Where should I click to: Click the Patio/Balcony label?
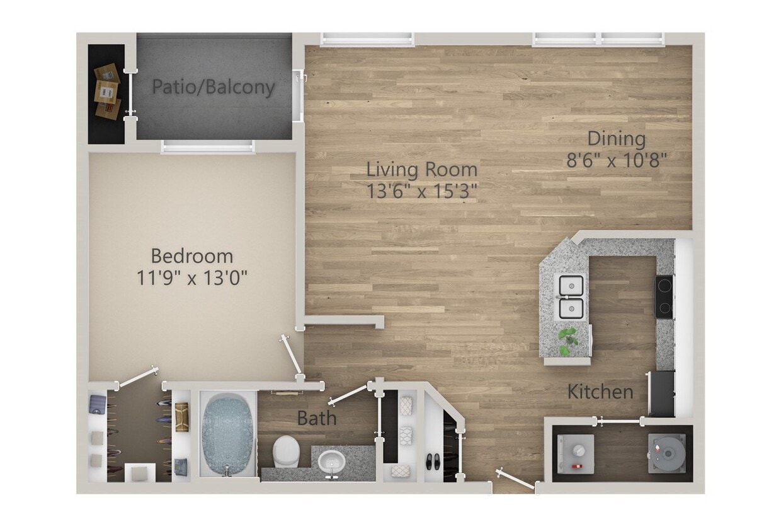coord(214,87)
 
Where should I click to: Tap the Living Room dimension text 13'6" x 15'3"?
coord(422,190)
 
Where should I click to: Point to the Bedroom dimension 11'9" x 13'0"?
coord(191,277)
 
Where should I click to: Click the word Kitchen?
coord(600,392)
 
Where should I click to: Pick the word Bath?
coord(317,418)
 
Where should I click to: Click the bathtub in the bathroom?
coord(228,434)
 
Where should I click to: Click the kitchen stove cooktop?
coord(664,296)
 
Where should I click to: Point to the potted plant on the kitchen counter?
coord(568,340)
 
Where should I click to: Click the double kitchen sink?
coord(571,297)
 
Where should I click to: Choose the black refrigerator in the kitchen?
coord(661,394)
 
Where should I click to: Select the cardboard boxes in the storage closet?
coord(107,91)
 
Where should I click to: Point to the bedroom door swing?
coord(291,357)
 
